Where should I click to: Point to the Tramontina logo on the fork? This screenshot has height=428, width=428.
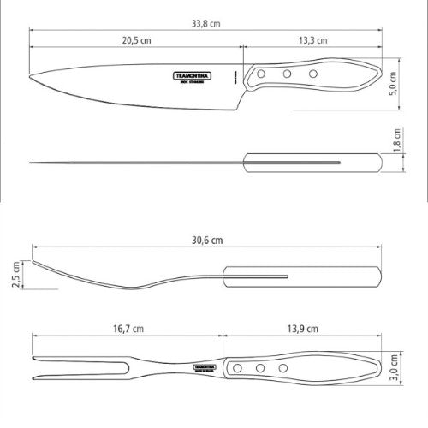click(205, 366)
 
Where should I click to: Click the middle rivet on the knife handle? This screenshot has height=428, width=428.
click(287, 75)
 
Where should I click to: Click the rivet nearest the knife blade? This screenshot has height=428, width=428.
click(259, 78)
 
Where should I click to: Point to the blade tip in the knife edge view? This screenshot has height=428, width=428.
click(30, 162)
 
